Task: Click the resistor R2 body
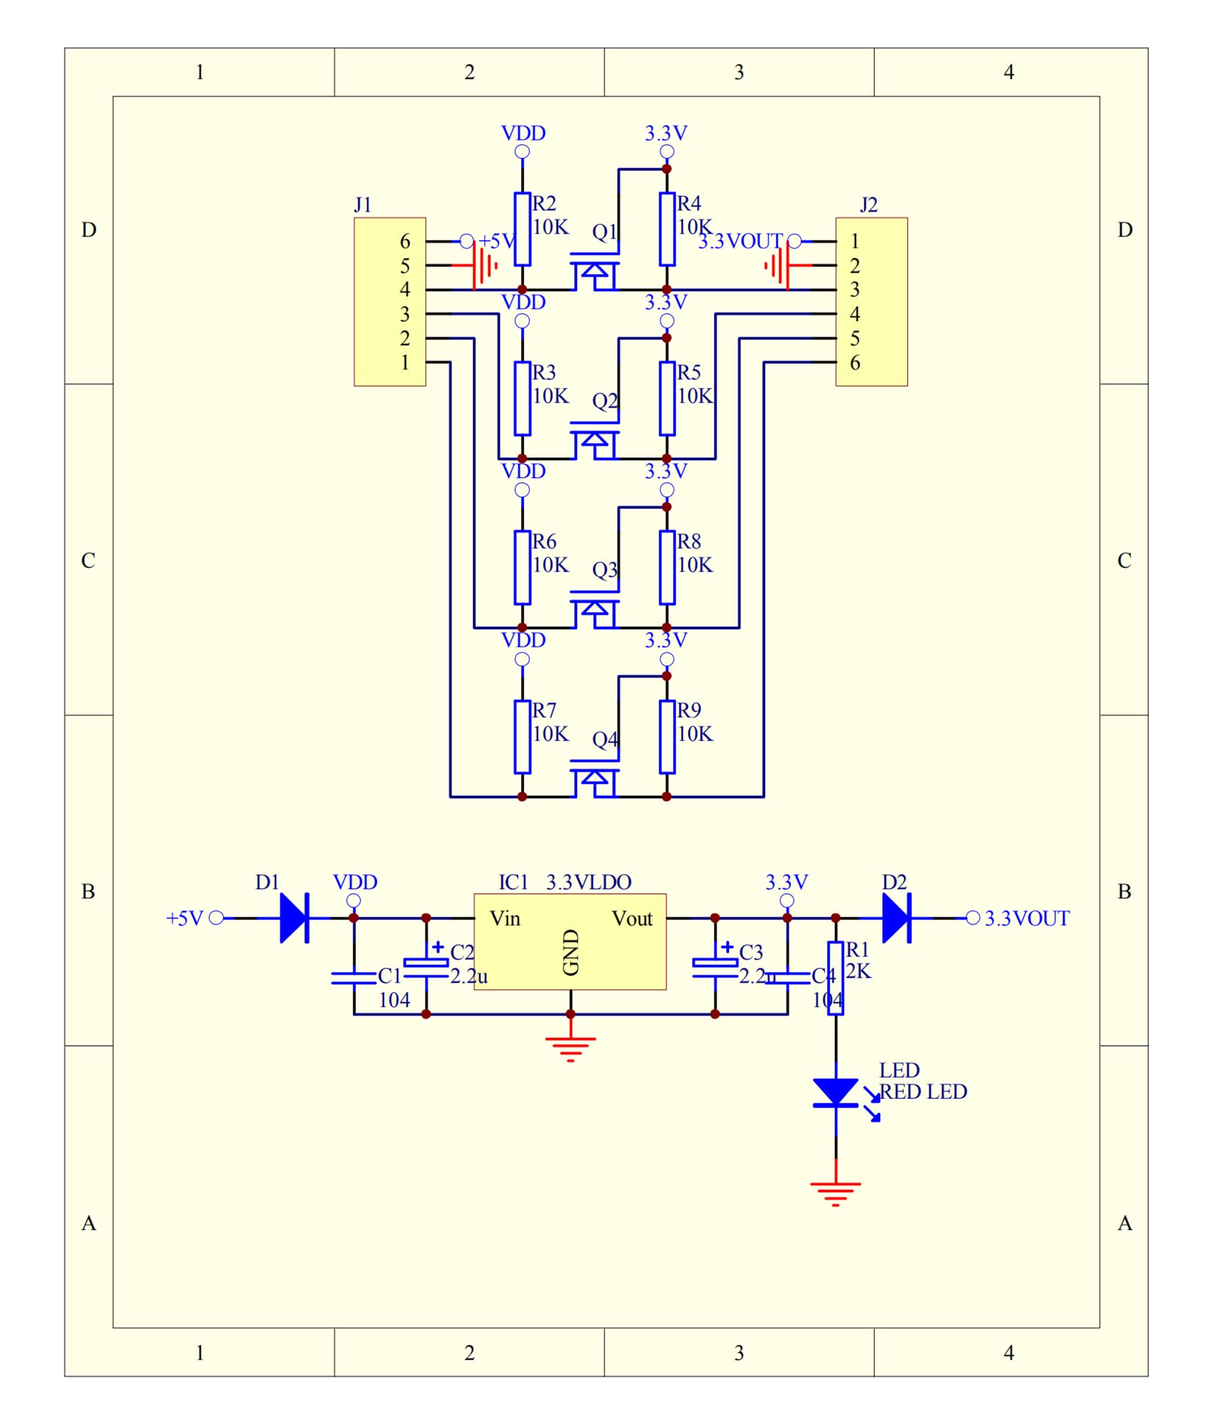click(x=522, y=229)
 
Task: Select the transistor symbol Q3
click(x=595, y=609)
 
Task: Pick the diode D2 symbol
click(x=897, y=918)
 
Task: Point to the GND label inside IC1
click(x=571, y=953)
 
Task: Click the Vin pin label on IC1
click(x=505, y=919)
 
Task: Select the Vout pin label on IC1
click(x=632, y=919)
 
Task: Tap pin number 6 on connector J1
click(x=405, y=241)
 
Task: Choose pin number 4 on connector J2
click(x=855, y=314)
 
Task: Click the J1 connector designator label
click(x=363, y=205)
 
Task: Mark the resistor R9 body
click(x=667, y=736)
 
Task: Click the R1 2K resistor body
click(x=836, y=978)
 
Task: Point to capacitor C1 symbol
click(x=353, y=978)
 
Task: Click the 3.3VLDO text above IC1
click(x=588, y=883)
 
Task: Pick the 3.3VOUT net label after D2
click(x=1027, y=919)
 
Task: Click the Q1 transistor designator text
click(x=605, y=232)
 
